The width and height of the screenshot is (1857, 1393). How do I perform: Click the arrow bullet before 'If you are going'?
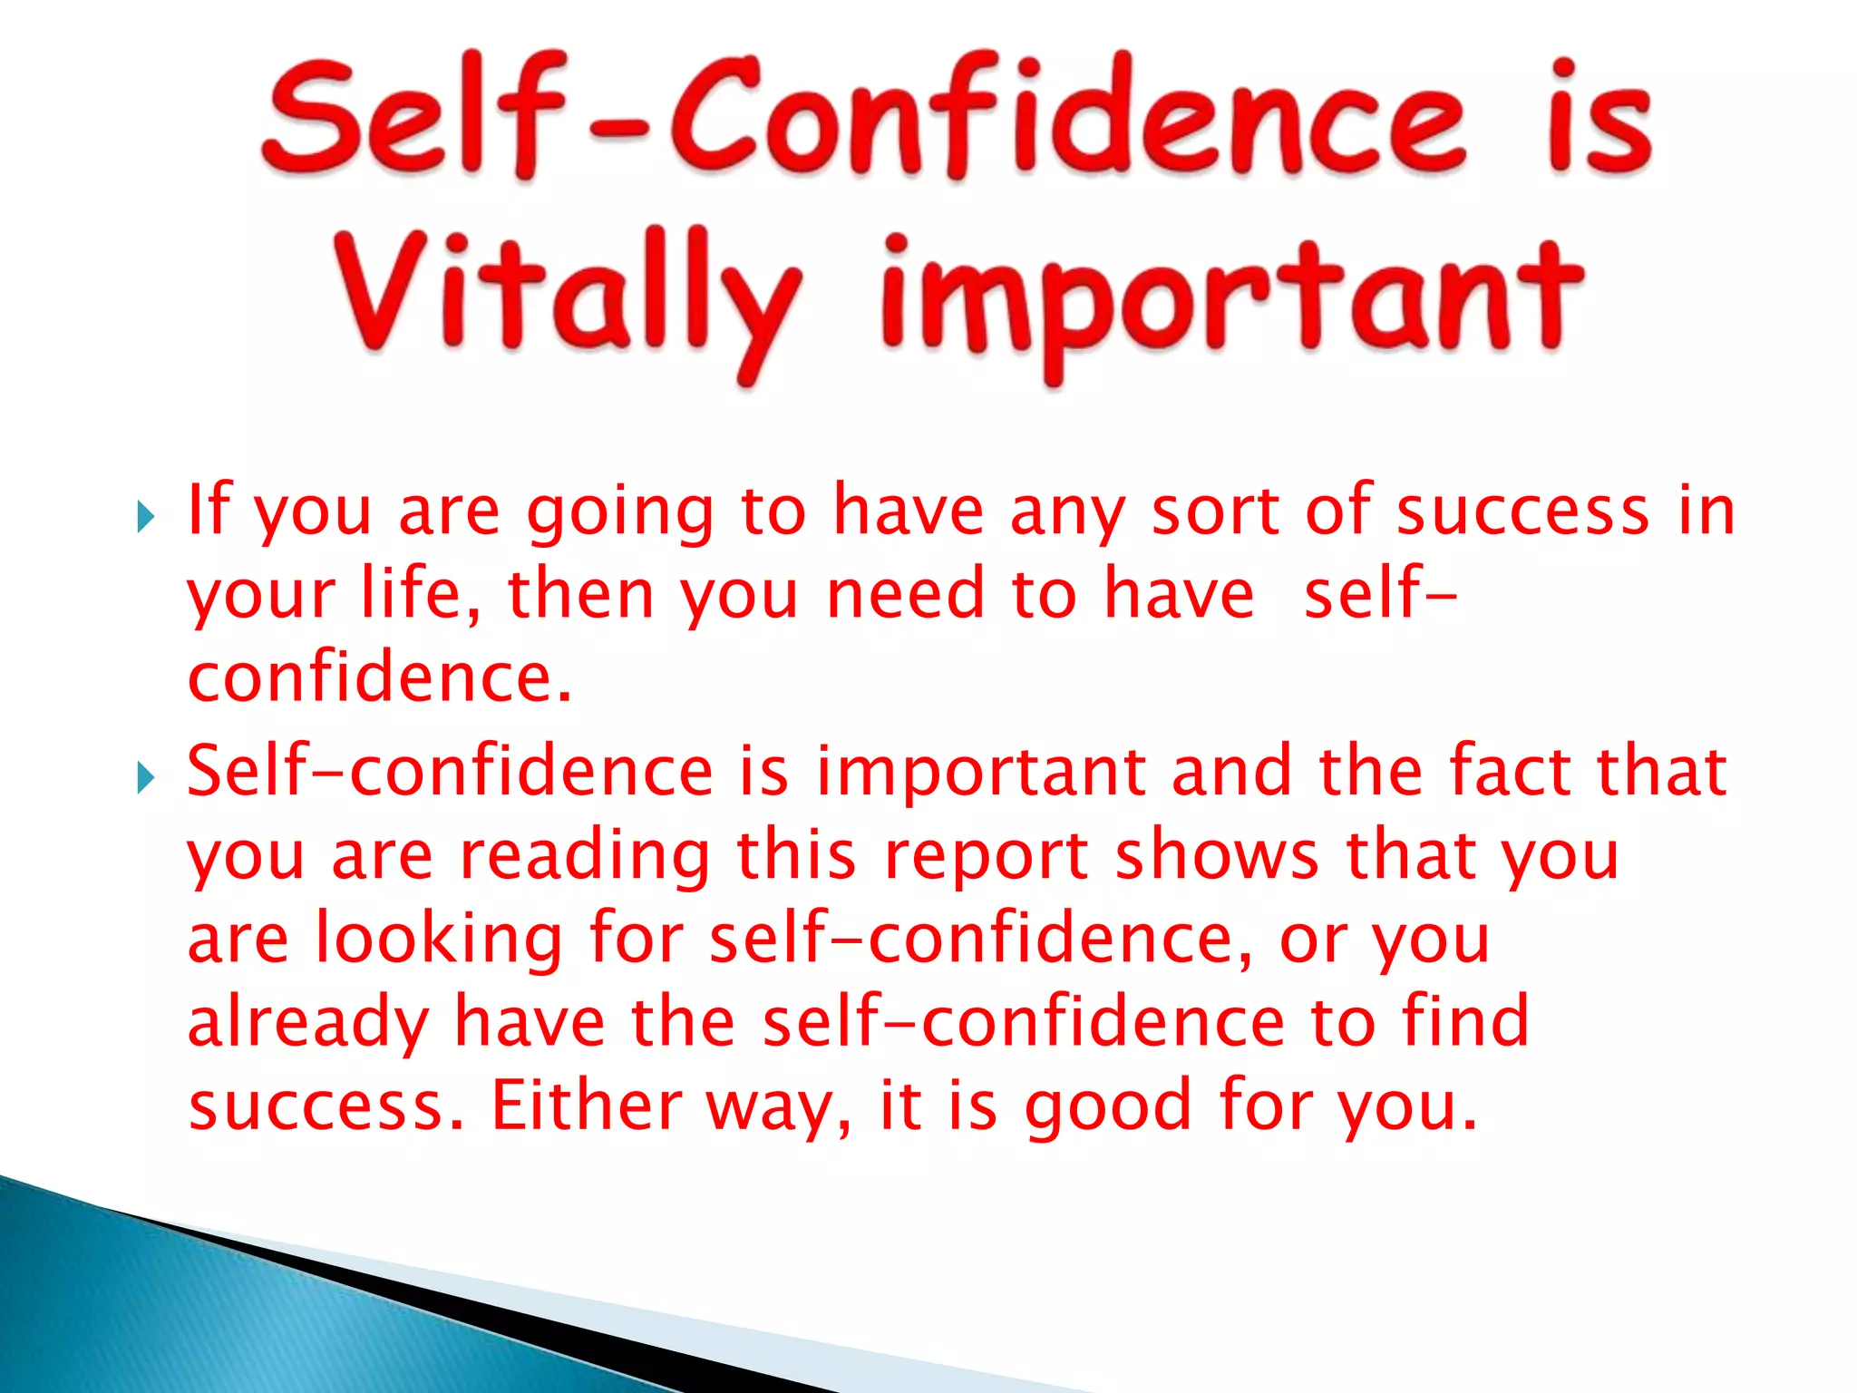145,518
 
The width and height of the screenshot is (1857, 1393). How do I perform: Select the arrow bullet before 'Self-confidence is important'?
145,777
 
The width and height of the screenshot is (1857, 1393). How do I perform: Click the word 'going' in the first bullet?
620,513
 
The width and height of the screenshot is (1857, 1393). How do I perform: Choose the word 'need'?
905,594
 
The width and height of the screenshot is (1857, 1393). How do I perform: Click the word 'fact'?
1510,771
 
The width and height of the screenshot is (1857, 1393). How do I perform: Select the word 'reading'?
585,857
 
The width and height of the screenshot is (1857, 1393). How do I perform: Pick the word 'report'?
986,857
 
